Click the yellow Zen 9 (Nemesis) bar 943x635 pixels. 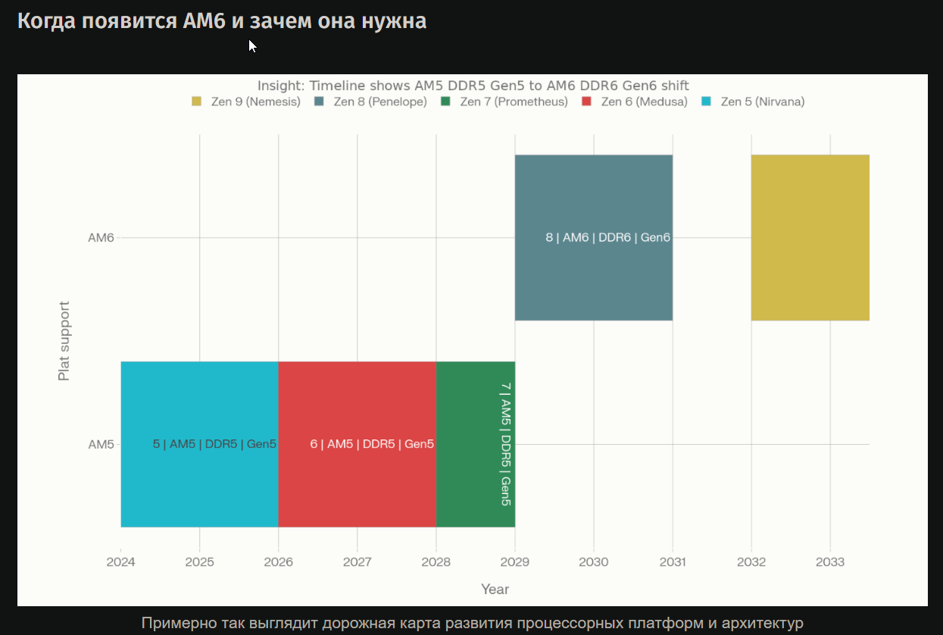click(x=810, y=237)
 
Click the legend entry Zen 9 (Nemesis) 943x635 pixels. click(x=246, y=102)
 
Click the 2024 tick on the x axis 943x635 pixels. click(x=121, y=562)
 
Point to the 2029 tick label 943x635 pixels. click(x=515, y=562)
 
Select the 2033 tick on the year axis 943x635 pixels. click(x=830, y=562)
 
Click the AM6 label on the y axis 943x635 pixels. click(x=101, y=238)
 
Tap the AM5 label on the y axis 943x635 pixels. click(x=101, y=445)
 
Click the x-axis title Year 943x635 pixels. click(x=495, y=590)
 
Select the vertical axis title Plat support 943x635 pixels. click(x=64, y=341)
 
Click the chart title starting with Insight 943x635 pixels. click(x=473, y=86)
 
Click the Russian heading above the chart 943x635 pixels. click(x=222, y=21)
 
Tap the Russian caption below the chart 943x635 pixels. click(x=472, y=623)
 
